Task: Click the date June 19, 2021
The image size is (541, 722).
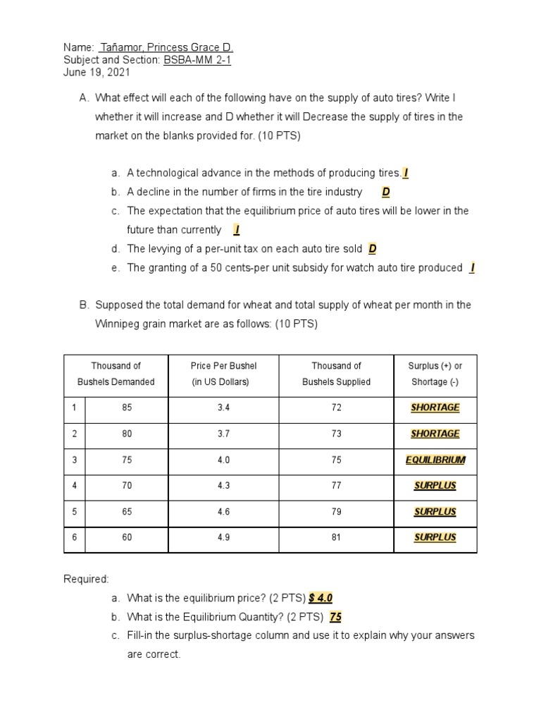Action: [x=97, y=73]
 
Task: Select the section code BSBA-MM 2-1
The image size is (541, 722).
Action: [x=197, y=60]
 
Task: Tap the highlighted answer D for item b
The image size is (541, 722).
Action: [x=385, y=192]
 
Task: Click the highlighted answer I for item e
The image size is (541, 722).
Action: [x=472, y=267]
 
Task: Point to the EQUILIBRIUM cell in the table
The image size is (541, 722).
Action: [x=435, y=460]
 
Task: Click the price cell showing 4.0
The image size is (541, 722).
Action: [x=224, y=460]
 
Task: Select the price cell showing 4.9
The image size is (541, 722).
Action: [x=224, y=537]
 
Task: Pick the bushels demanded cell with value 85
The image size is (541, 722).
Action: [x=127, y=408]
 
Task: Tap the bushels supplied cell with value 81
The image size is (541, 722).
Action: [x=336, y=537]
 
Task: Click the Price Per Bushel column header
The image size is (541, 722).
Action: [x=224, y=374]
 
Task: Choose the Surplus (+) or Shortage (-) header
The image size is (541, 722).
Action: [x=435, y=374]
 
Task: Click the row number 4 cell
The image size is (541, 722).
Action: [x=74, y=486]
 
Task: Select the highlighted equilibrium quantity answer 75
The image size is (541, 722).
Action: [x=335, y=617]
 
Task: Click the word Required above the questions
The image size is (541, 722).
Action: [x=87, y=579]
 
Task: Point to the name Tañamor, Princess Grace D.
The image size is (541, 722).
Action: [x=166, y=47]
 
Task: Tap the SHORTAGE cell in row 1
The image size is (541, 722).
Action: [x=435, y=408]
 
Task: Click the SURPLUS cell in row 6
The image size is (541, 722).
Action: [x=435, y=537]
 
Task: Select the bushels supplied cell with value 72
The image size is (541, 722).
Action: [x=336, y=408]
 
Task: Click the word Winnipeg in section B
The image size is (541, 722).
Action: [x=116, y=324]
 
